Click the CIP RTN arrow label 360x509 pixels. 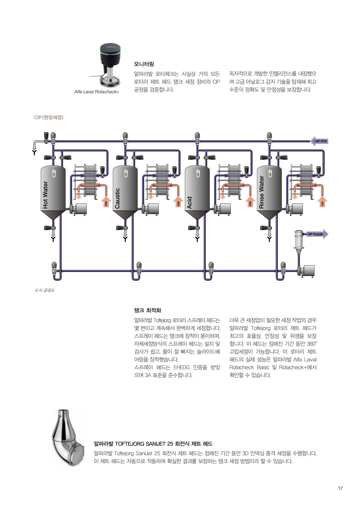click(x=320, y=141)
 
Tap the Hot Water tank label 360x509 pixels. click(x=45, y=195)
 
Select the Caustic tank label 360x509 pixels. click(x=117, y=198)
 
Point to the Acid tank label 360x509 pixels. click(x=189, y=202)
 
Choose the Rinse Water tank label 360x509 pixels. click(x=262, y=192)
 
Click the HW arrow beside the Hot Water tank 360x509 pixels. click(x=106, y=203)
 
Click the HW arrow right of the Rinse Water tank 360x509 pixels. click(x=322, y=203)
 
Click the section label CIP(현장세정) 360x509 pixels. click(x=49, y=117)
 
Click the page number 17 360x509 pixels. click(x=340, y=488)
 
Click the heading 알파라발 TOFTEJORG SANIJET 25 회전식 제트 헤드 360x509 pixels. click(x=153, y=444)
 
